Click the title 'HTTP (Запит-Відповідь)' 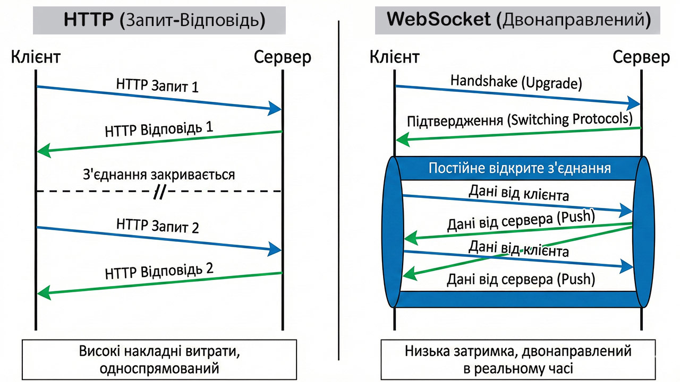(164, 20)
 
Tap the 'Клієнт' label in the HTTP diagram (36, 56)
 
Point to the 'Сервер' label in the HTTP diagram (282, 56)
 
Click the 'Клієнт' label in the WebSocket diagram (395, 56)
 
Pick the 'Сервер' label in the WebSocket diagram (641, 56)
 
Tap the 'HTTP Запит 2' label (157, 226)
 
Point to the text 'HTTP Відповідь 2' (159, 270)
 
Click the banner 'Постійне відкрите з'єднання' (519, 168)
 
